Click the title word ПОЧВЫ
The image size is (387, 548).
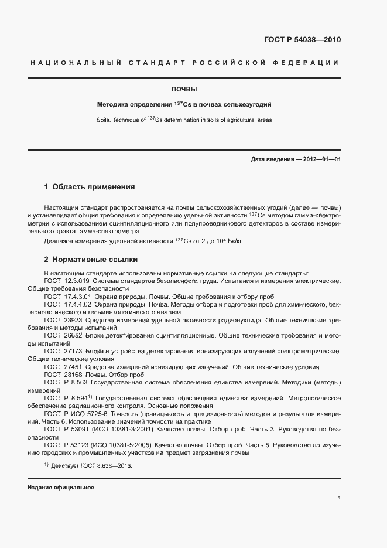click(x=184, y=90)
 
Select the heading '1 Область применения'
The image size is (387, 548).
click(x=90, y=188)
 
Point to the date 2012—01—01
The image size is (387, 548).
click(x=318, y=159)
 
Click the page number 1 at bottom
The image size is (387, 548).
click(x=339, y=498)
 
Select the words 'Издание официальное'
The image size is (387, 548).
click(x=61, y=488)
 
